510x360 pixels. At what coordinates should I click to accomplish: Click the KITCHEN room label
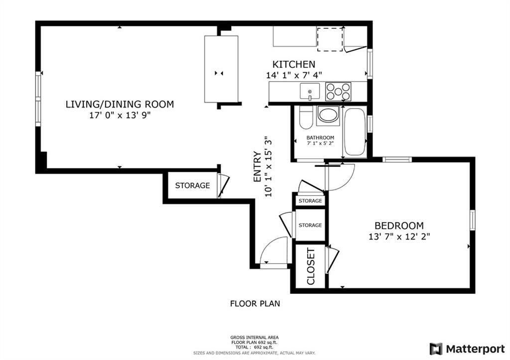point(293,64)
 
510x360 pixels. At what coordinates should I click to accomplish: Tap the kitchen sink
point(310,92)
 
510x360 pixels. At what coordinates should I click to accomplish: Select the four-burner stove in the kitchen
point(338,92)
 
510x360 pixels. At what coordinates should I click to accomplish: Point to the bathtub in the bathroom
point(355,131)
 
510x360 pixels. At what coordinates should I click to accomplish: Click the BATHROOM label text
point(320,138)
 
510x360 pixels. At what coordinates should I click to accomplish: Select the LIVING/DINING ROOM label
point(120,104)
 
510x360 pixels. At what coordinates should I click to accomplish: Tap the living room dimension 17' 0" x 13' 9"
point(120,115)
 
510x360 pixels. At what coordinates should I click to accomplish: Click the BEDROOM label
point(399,226)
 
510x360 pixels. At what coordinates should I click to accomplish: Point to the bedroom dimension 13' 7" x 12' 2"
point(399,237)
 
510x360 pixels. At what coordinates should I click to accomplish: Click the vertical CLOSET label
point(311,266)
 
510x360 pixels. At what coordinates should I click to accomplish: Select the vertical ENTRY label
point(257,167)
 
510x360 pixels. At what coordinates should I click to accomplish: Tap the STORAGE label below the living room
point(192,186)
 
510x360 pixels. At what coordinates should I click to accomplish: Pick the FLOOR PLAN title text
point(255,303)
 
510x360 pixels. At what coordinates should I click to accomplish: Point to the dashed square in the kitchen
point(330,39)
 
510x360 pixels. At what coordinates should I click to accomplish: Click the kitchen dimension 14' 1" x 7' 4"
point(294,75)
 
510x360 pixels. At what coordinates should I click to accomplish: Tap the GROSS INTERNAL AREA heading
point(255,337)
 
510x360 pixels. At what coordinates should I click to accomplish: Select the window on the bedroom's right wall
point(472,220)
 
